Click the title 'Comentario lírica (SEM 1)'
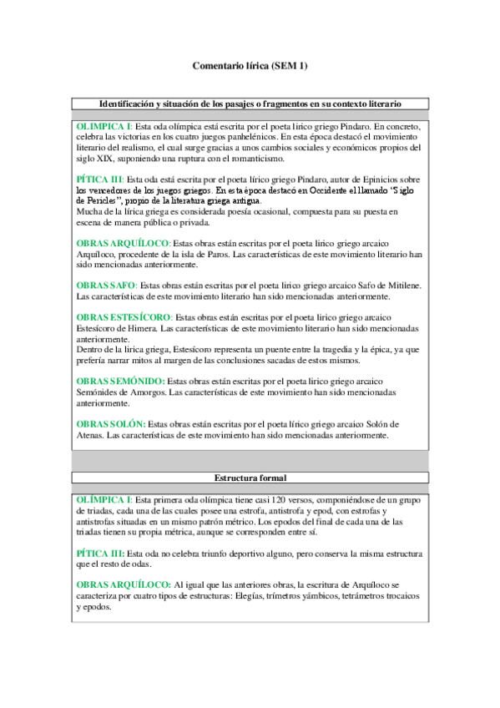point(250,65)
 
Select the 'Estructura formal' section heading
point(250,478)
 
